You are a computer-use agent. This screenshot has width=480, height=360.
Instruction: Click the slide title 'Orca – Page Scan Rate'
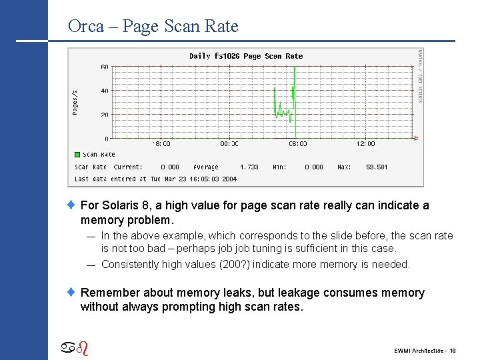[x=153, y=26]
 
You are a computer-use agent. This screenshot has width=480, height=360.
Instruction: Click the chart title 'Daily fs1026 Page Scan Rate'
[x=246, y=56]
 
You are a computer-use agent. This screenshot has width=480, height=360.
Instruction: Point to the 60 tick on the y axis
[x=105, y=67]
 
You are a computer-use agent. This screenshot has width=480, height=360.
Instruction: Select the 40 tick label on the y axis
[x=105, y=91]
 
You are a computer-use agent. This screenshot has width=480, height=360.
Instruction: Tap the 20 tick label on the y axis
[x=105, y=115]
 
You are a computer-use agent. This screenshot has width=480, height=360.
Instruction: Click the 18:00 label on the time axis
[x=161, y=143]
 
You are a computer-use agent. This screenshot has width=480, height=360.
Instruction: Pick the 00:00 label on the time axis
[x=229, y=143]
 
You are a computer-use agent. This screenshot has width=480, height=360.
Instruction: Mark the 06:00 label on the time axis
[x=297, y=143]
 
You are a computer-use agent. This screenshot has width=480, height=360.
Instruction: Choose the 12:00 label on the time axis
[x=365, y=143]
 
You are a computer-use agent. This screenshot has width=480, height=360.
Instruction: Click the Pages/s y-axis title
[x=75, y=103]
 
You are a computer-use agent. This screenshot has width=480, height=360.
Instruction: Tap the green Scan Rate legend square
[x=77, y=155]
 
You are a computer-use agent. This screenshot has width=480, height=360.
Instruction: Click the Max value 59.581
[x=377, y=167]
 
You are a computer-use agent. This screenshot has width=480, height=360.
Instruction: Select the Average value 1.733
[x=249, y=167]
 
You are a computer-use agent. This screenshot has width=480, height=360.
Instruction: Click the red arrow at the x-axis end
[x=416, y=139]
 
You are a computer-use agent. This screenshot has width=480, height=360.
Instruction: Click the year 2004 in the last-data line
[x=229, y=179]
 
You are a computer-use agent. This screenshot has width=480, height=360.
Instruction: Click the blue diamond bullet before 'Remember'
[x=74, y=293]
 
